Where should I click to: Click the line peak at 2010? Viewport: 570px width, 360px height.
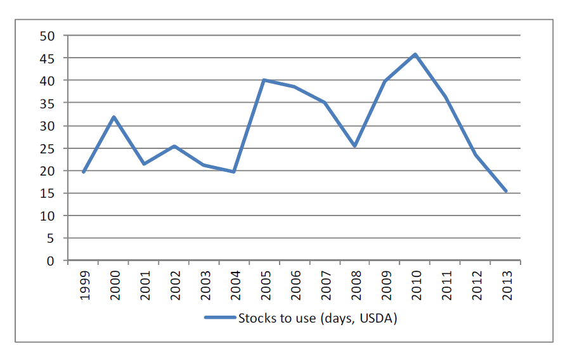415,55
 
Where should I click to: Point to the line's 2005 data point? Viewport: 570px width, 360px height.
264,80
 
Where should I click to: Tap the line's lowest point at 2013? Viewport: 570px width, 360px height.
505,191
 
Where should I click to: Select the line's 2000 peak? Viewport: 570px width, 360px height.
113,117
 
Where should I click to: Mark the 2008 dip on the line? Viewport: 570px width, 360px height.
354,146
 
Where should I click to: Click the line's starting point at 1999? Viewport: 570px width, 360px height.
83,172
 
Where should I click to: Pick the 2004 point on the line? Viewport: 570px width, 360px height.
234,172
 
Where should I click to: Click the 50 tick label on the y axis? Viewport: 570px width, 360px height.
48,36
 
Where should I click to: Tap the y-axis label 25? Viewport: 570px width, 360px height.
48,148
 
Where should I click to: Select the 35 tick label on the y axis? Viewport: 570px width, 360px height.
48,103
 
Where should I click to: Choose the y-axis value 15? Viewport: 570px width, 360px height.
48,193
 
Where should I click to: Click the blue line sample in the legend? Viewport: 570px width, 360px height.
219,318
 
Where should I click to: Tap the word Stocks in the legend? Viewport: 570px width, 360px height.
256,318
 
